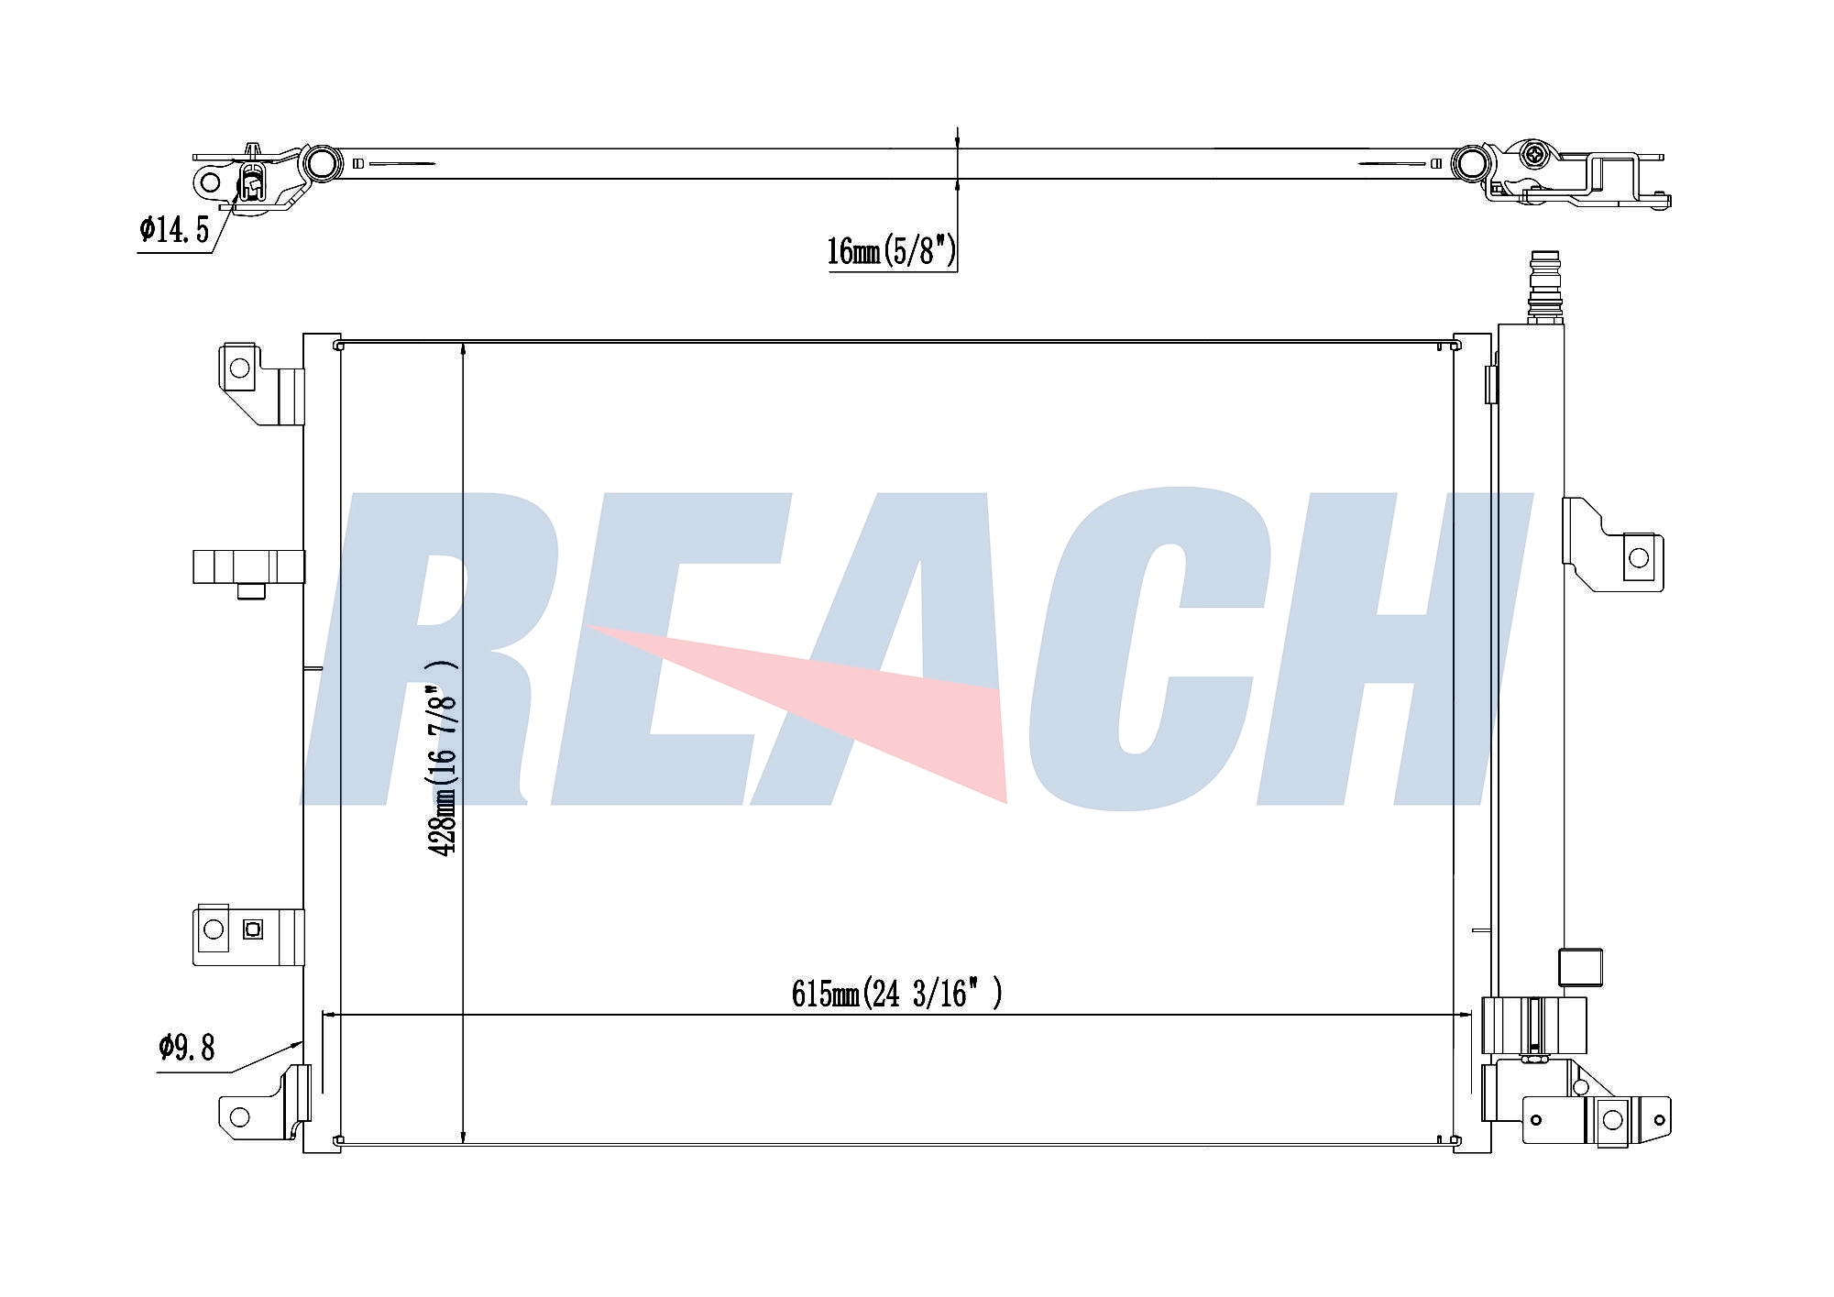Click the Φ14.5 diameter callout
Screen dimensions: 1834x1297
click(x=174, y=229)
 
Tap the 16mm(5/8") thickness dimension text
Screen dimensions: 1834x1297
click(x=891, y=249)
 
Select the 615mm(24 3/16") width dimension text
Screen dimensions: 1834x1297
click(x=896, y=993)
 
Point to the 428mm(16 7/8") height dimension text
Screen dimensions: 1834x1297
click(x=444, y=758)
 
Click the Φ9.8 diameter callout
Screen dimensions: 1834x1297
click(x=186, y=1047)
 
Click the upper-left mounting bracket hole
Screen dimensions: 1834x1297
click(x=239, y=368)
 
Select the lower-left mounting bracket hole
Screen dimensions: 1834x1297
click(x=239, y=1116)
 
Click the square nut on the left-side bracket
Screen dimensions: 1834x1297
click(x=253, y=929)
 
